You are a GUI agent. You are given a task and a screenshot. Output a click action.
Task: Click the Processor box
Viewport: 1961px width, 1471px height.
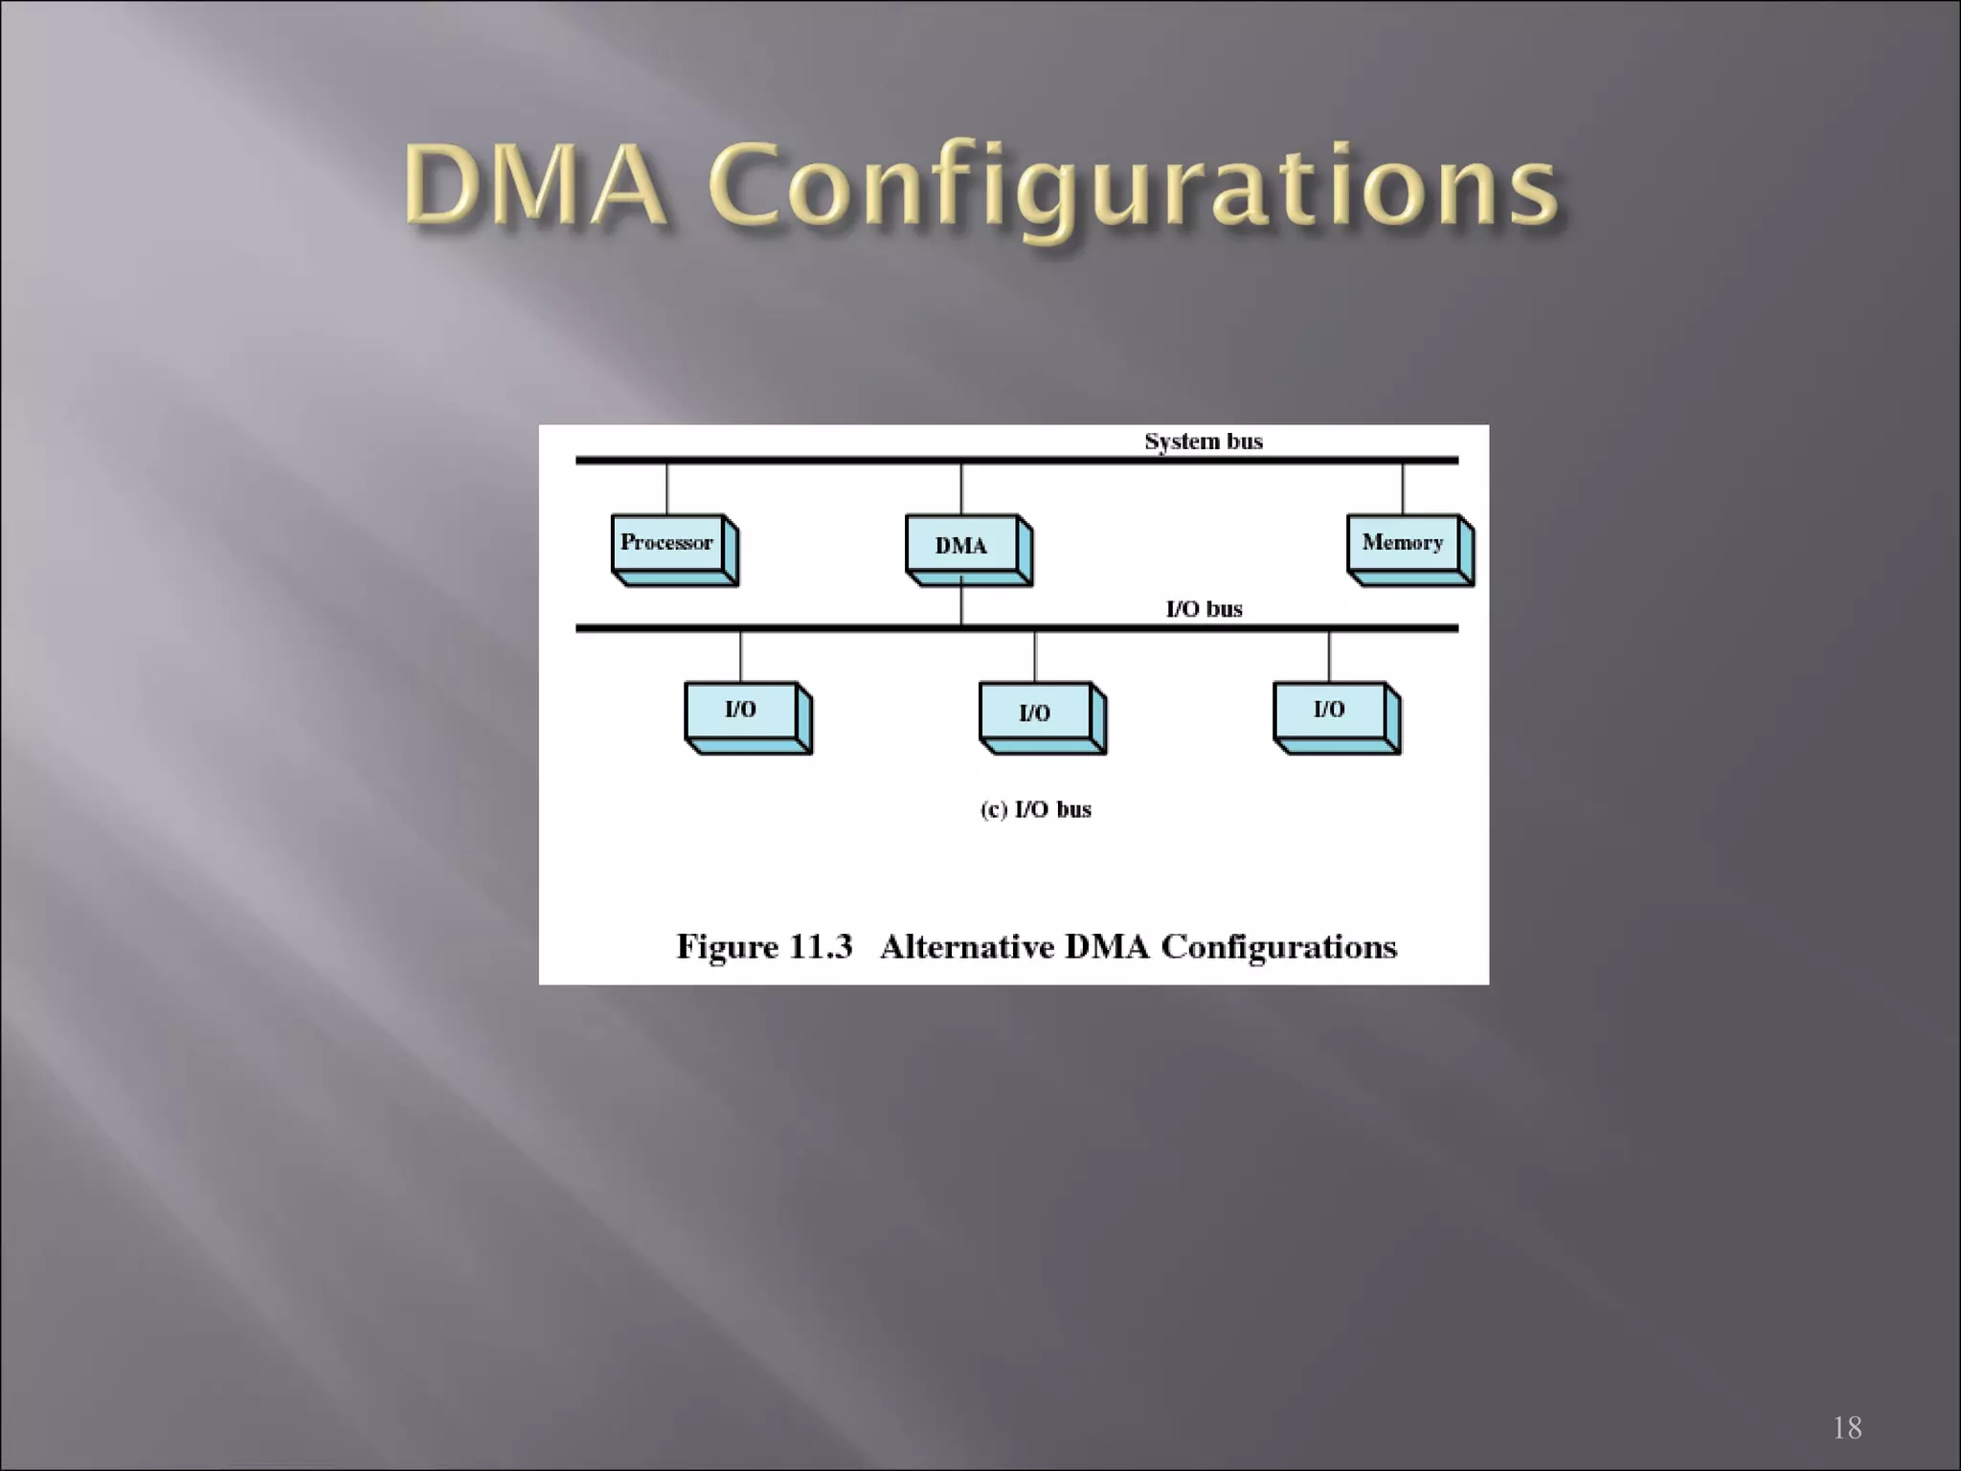pos(668,544)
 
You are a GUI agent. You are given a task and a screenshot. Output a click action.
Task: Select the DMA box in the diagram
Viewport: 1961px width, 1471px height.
pos(962,546)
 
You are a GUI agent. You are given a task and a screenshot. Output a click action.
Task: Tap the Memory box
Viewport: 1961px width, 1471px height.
pos(1404,544)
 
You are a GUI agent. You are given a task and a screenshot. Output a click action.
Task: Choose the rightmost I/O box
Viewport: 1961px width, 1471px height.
pos(1330,711)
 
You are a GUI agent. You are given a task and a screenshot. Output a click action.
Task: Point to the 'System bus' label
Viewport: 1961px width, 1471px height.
pos(1204,441)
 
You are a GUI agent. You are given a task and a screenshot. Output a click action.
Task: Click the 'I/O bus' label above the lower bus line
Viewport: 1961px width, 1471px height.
pos(1204,609)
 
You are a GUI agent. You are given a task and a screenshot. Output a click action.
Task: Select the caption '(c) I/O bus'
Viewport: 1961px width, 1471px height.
pos(1035,810)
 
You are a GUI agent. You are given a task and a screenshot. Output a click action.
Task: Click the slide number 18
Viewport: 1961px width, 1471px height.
pos(1847,1428)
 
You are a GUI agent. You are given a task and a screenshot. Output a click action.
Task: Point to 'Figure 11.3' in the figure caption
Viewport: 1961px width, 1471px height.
pos(764,947)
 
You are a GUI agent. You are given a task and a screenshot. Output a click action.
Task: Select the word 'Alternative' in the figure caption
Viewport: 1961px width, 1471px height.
pos(965,947)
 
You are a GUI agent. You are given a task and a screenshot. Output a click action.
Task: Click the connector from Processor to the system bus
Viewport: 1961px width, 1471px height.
pos(667,489)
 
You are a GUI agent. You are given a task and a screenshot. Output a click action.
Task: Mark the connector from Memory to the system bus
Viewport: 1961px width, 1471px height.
pos(1403,489)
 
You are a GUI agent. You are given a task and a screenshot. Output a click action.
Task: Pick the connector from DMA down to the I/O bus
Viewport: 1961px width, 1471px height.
pos(961,605)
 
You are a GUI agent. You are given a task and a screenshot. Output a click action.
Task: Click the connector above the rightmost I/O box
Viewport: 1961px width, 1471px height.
pos(1329,657)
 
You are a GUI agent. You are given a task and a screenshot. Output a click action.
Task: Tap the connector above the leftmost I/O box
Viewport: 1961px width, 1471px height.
pos(741,657)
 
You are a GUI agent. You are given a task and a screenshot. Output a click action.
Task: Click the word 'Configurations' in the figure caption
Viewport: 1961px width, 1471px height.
pos(1278,948)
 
